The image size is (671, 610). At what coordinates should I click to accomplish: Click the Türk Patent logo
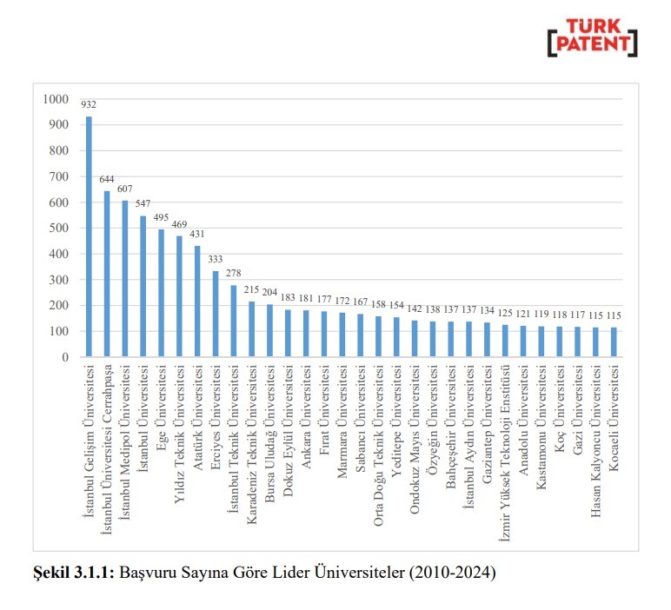[591, 37]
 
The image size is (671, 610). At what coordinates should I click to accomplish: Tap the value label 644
[107, 180]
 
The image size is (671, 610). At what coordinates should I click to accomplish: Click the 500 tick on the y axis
[57, 229]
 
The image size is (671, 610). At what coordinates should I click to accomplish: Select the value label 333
[216, 260]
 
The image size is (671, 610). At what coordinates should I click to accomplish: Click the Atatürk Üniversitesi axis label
[197, 410]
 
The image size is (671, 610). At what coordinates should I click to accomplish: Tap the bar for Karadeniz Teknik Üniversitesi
[251, 329]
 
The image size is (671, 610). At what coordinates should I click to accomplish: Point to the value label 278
[234, 274]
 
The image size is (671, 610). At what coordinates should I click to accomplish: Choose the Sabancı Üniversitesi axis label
[360, 409]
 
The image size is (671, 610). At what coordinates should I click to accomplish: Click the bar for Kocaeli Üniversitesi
[613, 341]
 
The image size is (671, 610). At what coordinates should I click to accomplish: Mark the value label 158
[378, 305]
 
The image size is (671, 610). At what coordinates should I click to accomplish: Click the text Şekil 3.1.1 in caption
[73, 573]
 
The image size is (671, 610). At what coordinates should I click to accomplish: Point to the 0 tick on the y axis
[64, 357]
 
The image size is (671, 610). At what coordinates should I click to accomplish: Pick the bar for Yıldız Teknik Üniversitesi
[179, 296]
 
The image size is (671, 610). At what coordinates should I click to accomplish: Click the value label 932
[89, 105]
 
